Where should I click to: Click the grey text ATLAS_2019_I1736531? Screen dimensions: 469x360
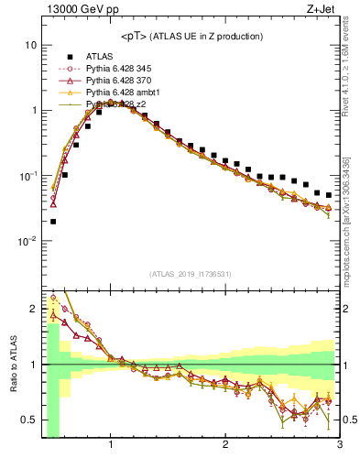[x=191, y=274]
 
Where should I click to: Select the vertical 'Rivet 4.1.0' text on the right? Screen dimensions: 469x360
[x=349, y=69]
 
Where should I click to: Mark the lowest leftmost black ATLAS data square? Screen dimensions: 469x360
[x=53, y=221]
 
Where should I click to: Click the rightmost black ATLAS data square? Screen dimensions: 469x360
[x=329, y=195]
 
